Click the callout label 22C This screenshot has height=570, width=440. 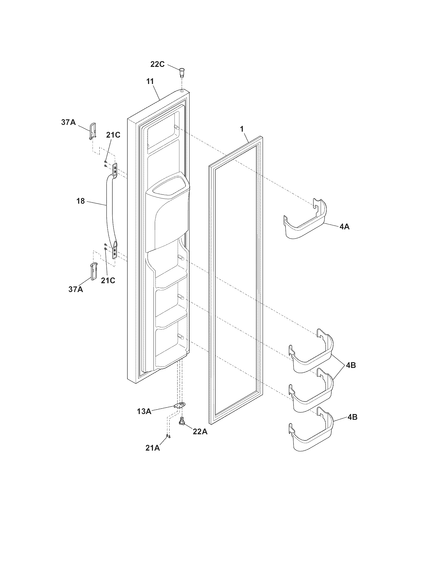pos(157,64)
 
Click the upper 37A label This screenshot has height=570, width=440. pos(69,122)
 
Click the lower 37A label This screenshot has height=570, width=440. pos(76,289)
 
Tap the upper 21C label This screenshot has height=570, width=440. pos(113,135)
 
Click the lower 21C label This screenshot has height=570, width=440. pos(108,280)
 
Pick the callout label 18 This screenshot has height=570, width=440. pos(81,201)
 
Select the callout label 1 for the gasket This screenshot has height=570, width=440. pos(242,129)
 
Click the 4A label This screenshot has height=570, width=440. pos(344,227)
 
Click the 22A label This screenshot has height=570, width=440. pos(200,432)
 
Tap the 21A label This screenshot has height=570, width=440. pos(153,448)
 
